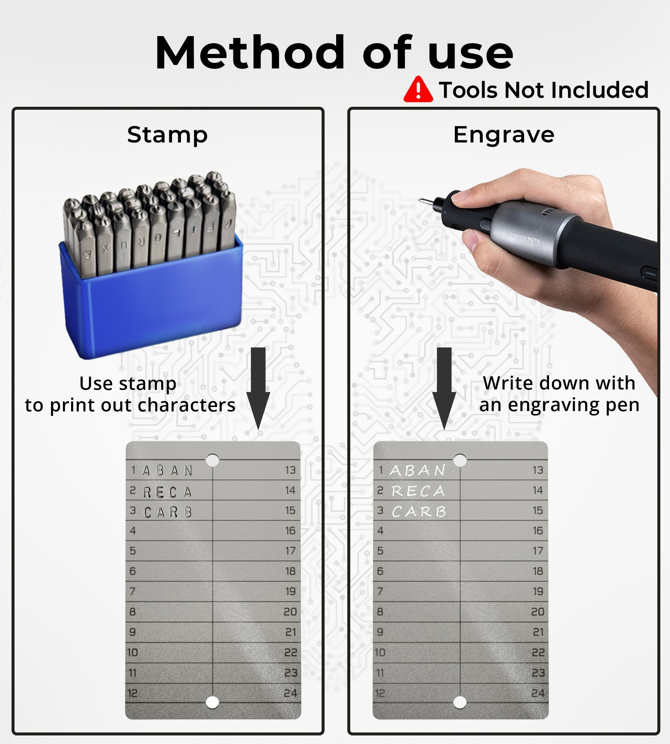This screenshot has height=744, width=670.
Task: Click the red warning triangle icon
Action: [x=418, y=90]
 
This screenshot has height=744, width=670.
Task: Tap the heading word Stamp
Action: [x=167, y=135]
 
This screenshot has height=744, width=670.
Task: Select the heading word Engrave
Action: [x=504, y=135]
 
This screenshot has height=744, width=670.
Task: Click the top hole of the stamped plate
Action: [x=213, y=460]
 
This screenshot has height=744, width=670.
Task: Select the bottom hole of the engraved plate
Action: [x=460, y=703]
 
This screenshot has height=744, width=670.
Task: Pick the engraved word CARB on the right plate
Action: [x=419, y=511]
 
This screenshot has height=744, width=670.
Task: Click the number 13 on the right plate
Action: [x=538, y=470]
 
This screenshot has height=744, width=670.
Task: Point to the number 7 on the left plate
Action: [x=133, y=591]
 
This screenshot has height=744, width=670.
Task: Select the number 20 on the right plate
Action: [x=538, y=612]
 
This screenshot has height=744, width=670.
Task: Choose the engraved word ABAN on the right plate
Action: [x=418, y=470]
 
